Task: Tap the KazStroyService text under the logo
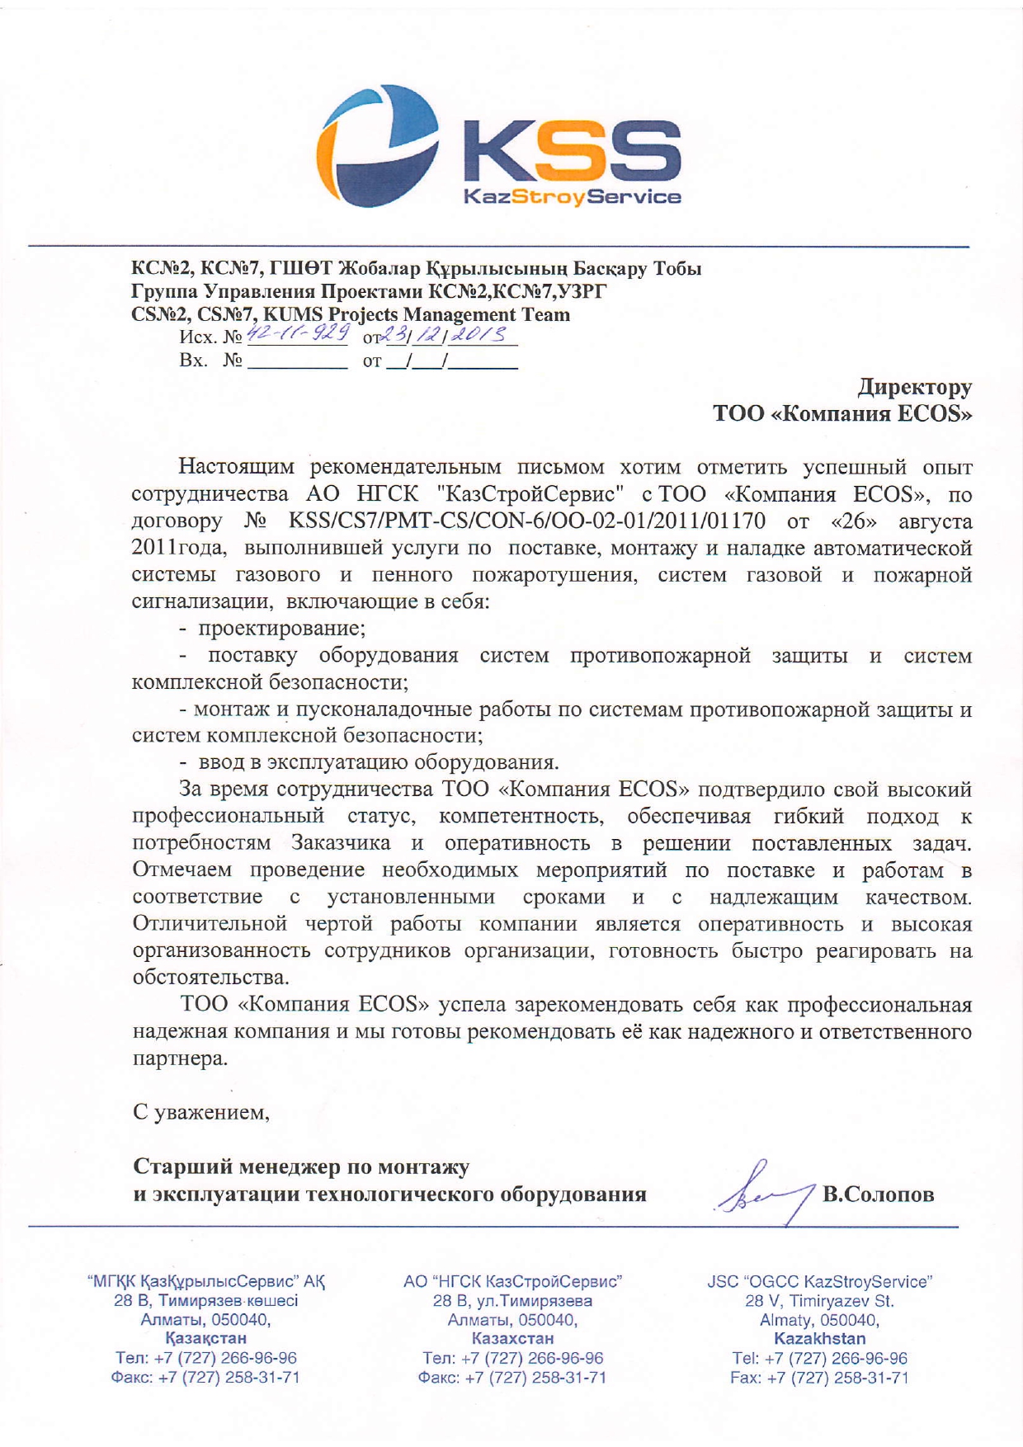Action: tap(573, 197)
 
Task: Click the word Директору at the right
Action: tap(915, 386)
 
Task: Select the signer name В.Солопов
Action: tap(878, 1195)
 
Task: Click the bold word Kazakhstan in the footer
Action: tap(819, 1338)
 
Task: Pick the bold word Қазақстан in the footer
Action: tap(205, 1338)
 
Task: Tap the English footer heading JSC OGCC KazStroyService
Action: tap(819, 1282)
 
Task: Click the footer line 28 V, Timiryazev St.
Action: tap(819, 1301)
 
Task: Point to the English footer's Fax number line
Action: tap(819, 1378)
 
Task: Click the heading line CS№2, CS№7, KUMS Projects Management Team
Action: tap(351, 314)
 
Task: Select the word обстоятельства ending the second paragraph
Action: tap(211, 978)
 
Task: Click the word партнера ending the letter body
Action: tap(180, 1058)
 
